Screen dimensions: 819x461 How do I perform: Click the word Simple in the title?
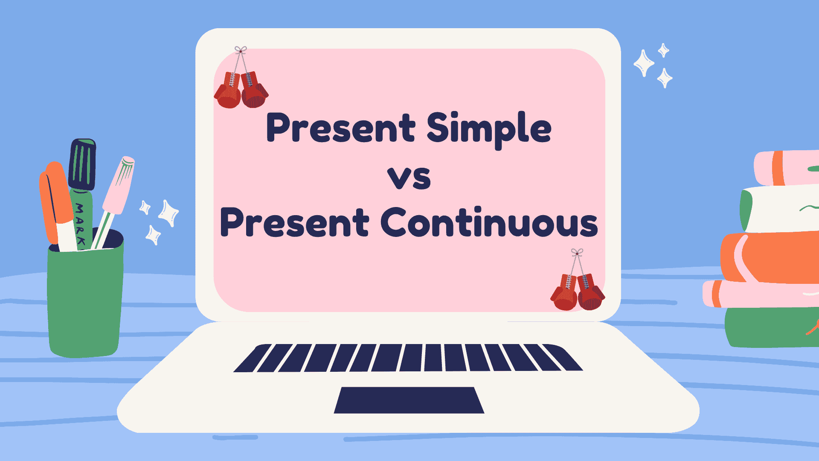489,129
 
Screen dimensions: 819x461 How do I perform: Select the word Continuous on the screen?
489,222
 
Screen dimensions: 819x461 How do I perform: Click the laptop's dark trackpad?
409,400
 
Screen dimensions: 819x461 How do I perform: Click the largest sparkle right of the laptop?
644,63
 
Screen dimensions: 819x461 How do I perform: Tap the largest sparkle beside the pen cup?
168,213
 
